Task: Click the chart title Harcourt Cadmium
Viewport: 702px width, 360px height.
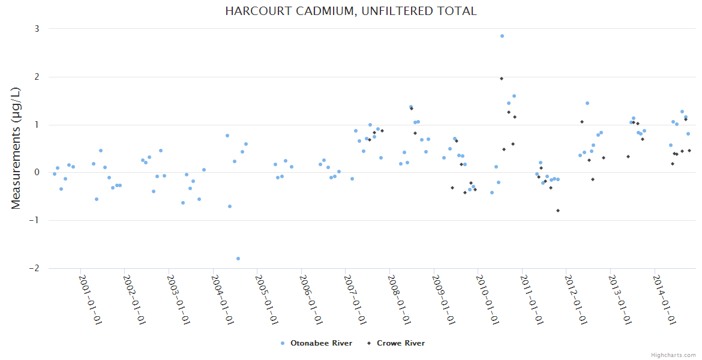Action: point(350,11)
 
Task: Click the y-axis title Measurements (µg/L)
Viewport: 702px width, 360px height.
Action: point(16,148)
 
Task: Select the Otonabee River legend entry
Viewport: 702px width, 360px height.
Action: point(316,343)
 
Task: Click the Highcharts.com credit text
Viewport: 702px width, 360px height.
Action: point(673,355)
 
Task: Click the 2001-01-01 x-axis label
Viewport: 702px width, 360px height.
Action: point(89,299)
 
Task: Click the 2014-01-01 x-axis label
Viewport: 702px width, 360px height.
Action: point(664,299)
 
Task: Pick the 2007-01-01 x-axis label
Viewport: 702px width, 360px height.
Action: point(355,299)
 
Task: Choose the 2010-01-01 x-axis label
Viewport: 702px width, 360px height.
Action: point(487,299)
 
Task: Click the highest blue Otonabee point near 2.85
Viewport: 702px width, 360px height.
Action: point(502,36)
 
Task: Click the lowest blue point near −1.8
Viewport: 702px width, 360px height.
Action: point(238,259)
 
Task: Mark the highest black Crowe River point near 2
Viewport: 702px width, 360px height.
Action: point(502,79)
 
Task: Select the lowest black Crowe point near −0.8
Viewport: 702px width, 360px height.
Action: point(558,211)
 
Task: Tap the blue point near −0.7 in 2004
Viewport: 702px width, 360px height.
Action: point(230,206)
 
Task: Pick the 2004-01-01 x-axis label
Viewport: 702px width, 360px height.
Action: point(222,299)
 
